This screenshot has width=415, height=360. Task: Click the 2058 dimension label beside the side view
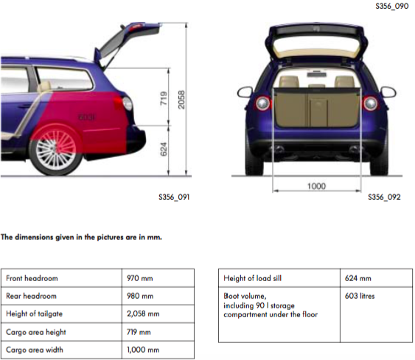[x=181, y=100]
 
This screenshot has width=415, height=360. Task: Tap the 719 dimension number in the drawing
[x=164, y=98]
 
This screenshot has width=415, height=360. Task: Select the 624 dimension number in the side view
[x=164, y=150]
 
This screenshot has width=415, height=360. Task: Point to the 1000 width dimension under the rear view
[x=316, y=186]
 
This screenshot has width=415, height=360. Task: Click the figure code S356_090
[x=391, y=6]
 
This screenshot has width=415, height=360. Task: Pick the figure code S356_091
[x=174, y=197]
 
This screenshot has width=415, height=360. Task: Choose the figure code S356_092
[x=384, y=197]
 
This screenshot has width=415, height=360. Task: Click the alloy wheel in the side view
[x=55, y=150]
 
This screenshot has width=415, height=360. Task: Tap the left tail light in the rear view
[x=263, y=103]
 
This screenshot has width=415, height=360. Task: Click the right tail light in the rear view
[x=370, y=103]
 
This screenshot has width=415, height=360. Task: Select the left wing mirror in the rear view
[x=245, y=91]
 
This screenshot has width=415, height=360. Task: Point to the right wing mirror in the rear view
[x=388, y=91]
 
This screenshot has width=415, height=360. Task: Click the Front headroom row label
[x=32, y=278]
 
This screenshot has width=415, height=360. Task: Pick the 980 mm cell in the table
[x=140, y=296]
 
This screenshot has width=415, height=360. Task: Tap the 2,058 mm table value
[x=143, y=314]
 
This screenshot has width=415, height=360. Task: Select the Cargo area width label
[x=35, y=350]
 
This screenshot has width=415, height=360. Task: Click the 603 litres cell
[x=360, y=296]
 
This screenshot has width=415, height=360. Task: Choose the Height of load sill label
[x=253, y=278]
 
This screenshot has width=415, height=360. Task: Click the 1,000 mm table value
[x=143, y=350]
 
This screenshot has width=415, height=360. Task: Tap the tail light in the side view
[x=125, y=103]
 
